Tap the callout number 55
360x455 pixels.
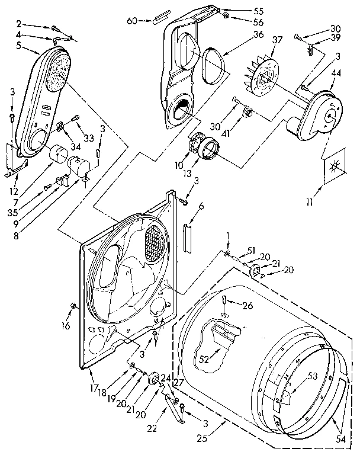pyautogui.click(x=242, y=11)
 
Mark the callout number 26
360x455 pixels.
pyautogui.click(x=248, y=306)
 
